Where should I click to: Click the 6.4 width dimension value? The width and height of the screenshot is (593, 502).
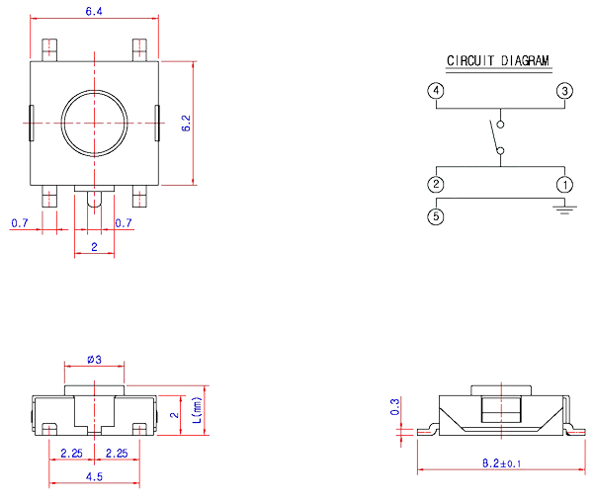tap(94, 12)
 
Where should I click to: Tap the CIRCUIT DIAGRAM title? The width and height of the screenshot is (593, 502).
tap(497, 60)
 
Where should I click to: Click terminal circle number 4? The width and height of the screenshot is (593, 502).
tap(436, 91)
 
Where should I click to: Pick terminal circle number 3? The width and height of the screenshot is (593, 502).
tap(564, 91)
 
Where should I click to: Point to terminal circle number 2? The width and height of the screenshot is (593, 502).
tap(436, 185)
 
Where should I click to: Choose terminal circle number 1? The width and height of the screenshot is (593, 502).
tap(564, 185)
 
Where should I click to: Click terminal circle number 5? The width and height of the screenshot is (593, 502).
tap(436, 216)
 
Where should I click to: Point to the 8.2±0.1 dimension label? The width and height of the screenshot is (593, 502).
tap(502, 461)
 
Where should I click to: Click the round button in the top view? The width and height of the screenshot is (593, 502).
tap(93, 123)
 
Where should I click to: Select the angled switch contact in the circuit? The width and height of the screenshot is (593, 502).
tap(494, 138)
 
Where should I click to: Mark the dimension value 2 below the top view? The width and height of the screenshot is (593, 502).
tap(94, 246)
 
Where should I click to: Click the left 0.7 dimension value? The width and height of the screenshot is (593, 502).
tap(20, 222)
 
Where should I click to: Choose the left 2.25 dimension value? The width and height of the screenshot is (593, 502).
tap(71, 453)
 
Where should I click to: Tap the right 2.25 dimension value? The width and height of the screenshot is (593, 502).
tap(117, 453)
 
